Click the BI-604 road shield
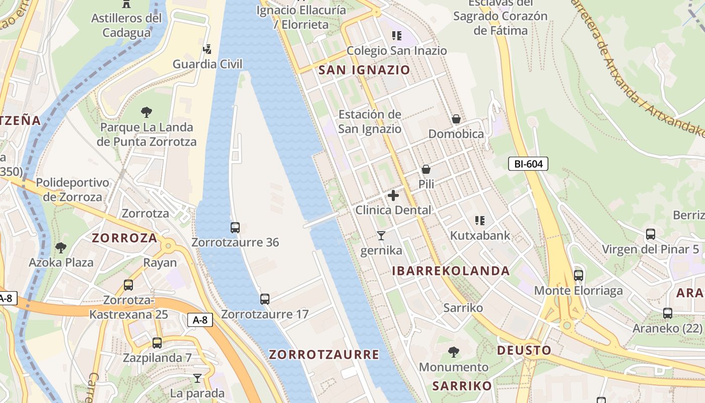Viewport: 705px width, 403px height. pos(528,164)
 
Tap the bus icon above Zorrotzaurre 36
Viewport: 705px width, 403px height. pos(235,227)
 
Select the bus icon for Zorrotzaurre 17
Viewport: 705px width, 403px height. pos(265,299)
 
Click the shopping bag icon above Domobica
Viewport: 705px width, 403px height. pos(456,119)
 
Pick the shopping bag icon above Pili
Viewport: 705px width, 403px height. pos(426,169)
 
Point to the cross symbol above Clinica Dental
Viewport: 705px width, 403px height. pos(393,195)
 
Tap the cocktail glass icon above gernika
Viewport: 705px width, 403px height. pos(381,235)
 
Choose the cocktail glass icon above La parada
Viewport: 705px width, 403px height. pos(197,378)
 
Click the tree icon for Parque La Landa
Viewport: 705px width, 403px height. pos(147,112)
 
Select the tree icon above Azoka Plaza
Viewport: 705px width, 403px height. pos(61,247)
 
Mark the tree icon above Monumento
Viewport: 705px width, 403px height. pos(454,352)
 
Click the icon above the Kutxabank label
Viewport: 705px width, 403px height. pos(480,220)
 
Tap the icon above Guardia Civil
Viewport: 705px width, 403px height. pos(207,49)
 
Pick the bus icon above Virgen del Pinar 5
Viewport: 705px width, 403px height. pos(651,234)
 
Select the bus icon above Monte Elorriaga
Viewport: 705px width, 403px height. pos(579,276)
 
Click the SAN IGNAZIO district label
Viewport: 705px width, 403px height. pos(365,70)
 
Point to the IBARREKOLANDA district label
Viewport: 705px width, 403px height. pos(451,271)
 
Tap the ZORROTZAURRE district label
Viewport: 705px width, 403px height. pos(324,355)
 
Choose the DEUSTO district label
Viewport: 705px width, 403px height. pos(524,350)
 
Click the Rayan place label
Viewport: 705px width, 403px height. pos(160,262)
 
